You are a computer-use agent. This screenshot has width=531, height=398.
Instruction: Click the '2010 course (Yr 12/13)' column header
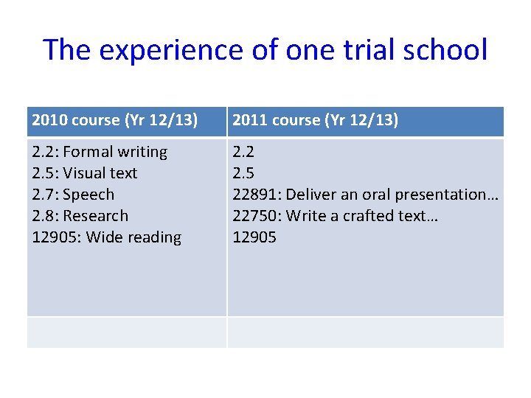114,120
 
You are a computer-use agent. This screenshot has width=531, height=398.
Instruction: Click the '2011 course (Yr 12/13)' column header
315,120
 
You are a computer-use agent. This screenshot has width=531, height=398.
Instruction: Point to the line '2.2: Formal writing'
100,152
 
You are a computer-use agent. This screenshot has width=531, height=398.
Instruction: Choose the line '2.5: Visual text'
85,173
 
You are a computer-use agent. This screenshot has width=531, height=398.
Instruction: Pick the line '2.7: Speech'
74,195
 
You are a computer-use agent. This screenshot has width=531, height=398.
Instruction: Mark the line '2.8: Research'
80,216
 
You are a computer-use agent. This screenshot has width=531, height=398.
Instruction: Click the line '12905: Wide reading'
107,237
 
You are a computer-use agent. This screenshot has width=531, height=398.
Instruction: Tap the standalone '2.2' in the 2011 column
243,152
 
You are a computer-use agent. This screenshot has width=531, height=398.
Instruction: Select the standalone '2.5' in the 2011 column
243,173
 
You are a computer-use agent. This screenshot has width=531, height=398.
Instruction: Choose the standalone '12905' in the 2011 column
254,237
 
